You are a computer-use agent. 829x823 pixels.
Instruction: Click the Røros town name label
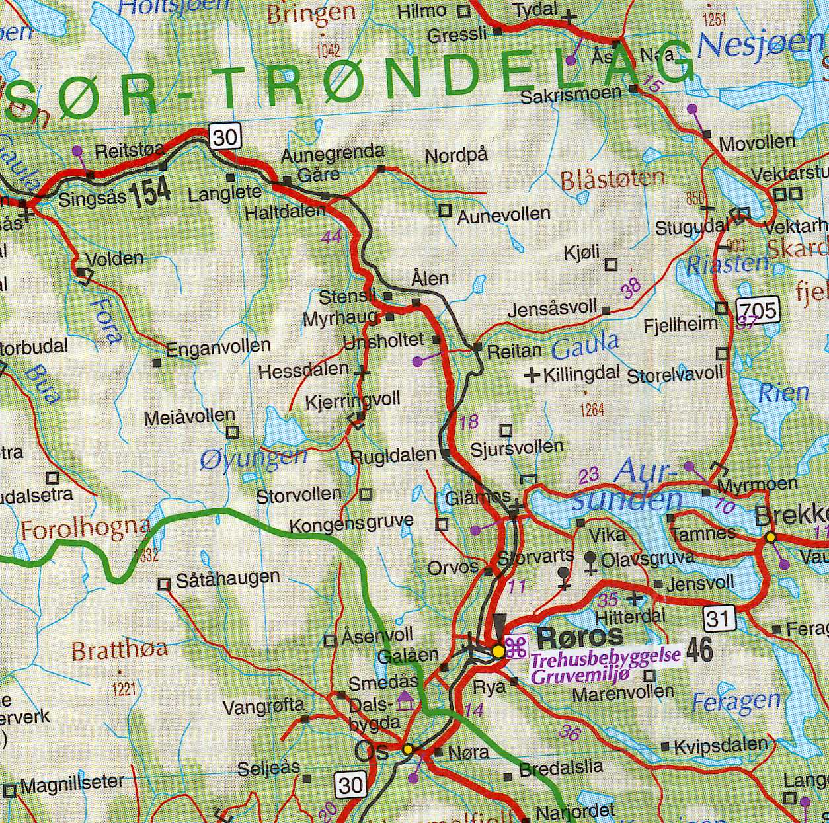click(580, 637)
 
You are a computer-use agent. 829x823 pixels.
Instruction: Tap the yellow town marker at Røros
click(498, 652)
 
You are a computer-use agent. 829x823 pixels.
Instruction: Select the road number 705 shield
click(758, 309)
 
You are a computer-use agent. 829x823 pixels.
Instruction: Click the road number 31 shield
click(719, 618)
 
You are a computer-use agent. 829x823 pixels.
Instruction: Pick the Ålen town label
click(430, 278)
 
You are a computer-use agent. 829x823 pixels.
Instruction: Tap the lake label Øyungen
click(253, 458)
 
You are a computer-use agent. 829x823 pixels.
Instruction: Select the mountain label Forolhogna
click(85, 529)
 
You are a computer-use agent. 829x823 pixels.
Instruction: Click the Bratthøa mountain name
click(119, 650)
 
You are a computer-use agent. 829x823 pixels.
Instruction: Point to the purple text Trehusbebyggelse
click(606, 658)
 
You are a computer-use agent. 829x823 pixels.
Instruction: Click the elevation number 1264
click(592, 411)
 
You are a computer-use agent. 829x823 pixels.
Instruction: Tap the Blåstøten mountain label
click(612, 178)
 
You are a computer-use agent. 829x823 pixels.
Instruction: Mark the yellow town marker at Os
click(408, 749)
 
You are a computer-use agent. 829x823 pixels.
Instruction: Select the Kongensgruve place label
click(351, 524)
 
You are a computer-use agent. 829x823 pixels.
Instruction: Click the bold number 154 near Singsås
click(150, 192)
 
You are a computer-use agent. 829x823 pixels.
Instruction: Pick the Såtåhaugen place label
click(227, 579)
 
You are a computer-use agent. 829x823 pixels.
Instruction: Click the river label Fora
click(108, 320)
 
